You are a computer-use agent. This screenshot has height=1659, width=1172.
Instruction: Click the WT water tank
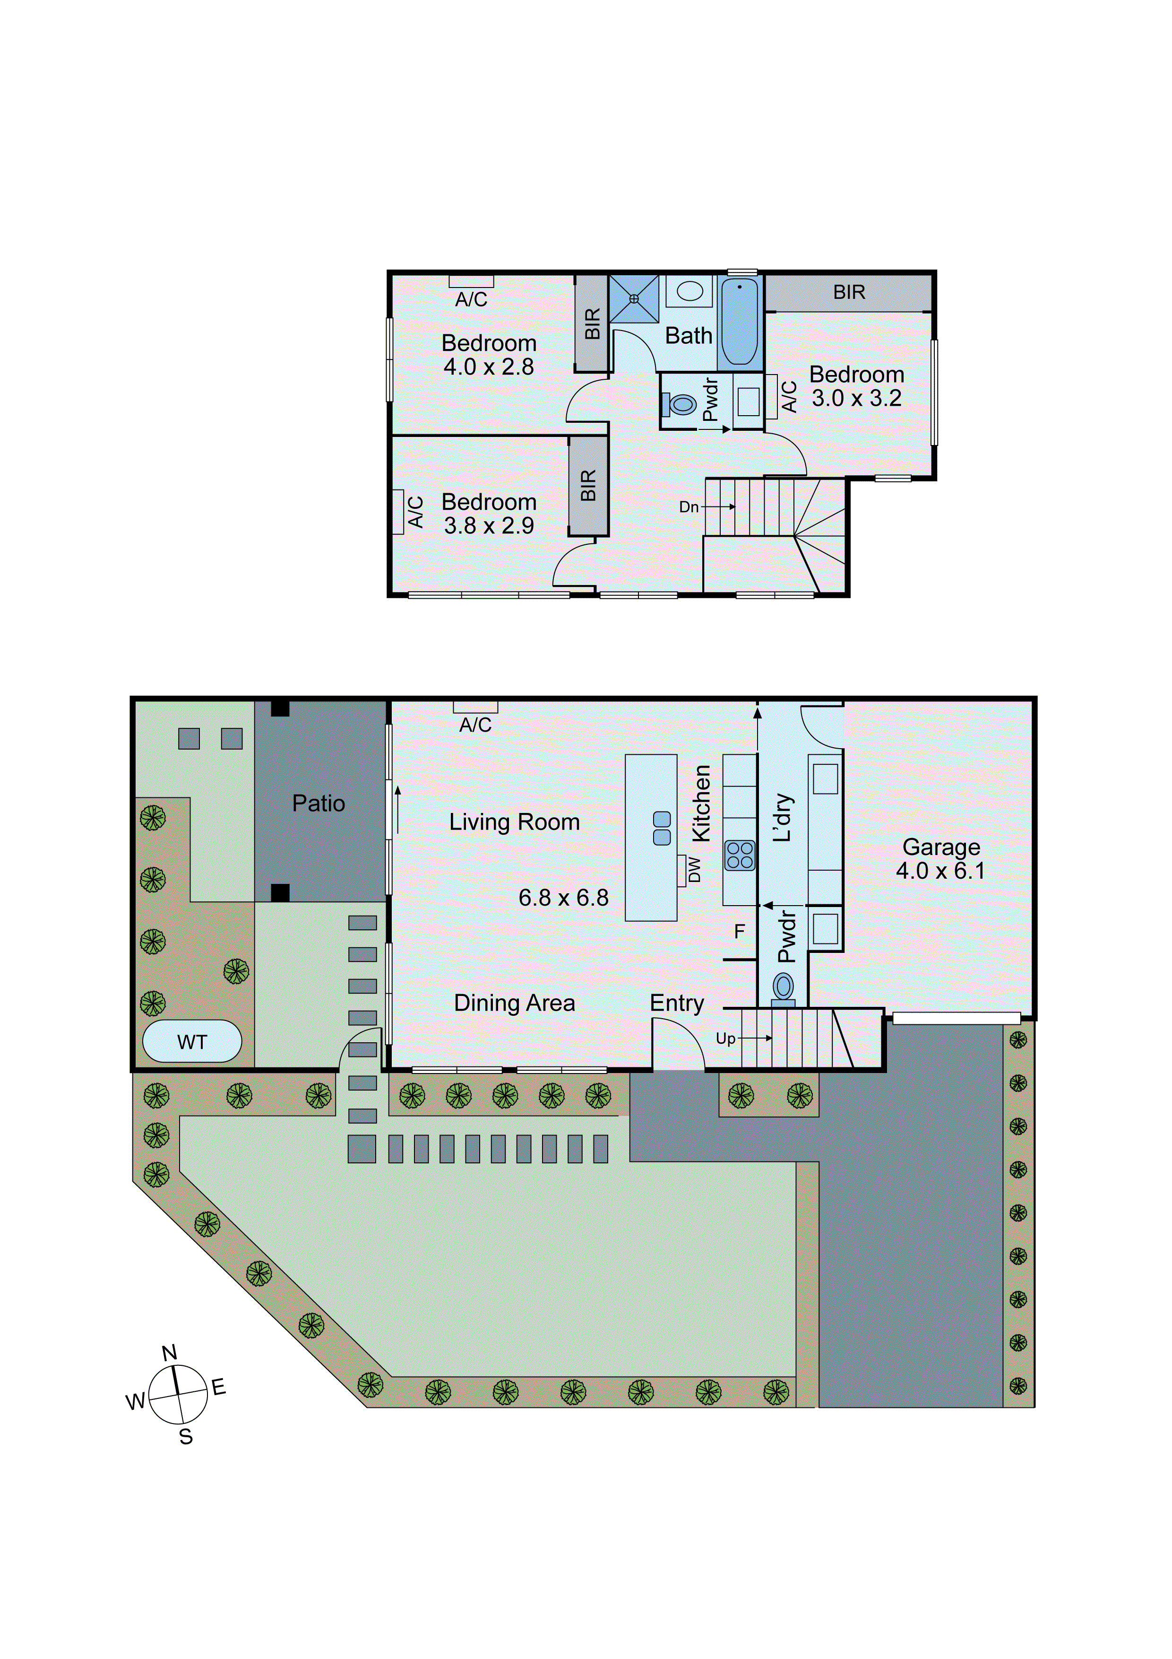pos(191,1041)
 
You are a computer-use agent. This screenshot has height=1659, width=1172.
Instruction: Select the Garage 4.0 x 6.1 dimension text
pos(940,871)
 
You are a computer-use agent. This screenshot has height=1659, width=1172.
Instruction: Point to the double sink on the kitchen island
pos(662,828)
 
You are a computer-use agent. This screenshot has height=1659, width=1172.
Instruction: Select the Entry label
pos(677,1003)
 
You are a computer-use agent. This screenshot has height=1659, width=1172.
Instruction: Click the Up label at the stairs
pos(725,1039)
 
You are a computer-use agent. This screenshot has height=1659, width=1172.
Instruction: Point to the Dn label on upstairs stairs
pos(688,507)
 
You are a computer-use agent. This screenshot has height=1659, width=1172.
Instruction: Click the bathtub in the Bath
pos(740,322)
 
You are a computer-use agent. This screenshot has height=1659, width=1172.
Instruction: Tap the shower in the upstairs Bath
pos(634,297)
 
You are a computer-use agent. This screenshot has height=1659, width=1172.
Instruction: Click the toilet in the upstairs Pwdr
pos(681,404)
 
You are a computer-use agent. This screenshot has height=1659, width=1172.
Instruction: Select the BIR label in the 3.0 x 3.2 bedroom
pos(848,292)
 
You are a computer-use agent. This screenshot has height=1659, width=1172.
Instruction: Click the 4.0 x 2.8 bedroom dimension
pos(489,367)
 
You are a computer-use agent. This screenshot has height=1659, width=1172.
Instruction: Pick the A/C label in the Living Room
pos(475,725)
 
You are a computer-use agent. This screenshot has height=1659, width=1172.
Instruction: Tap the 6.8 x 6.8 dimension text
pos(563,898)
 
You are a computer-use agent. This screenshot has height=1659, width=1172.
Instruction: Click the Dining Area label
pos(514,1003)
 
